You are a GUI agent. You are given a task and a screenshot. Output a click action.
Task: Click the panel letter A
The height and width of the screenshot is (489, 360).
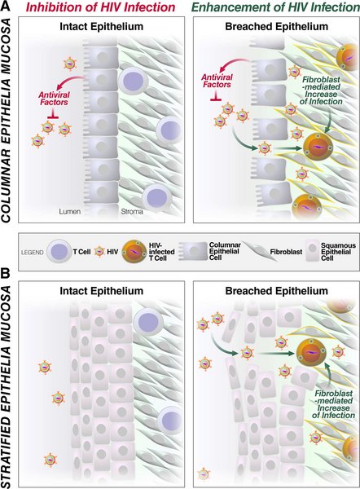[x=6, y=6]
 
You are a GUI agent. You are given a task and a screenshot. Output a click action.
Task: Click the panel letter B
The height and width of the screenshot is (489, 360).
[x=6, y=273]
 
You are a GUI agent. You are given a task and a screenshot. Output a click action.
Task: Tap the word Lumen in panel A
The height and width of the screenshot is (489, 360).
[x=70, y=211]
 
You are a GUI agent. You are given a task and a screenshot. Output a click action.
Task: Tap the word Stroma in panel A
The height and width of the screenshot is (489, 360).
[x=132, y=211]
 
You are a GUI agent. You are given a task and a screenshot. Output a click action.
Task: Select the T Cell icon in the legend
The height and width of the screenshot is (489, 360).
[x=59, y=252]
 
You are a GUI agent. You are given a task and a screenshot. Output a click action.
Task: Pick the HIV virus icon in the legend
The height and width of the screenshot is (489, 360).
[x=99, y=251]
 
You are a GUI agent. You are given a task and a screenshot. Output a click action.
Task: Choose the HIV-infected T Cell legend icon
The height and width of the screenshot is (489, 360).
[x=134, y=251]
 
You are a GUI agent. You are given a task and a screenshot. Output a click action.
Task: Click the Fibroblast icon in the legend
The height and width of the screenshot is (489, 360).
[x=257, y=251]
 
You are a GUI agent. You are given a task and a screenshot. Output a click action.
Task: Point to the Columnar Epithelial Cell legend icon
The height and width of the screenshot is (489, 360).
[x=193, y=251]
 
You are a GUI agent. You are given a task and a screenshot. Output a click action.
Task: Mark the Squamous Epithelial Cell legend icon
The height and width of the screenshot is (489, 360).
[x=312, y=251]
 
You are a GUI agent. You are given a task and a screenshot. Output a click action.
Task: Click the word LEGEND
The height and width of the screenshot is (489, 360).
[x=32, y=253]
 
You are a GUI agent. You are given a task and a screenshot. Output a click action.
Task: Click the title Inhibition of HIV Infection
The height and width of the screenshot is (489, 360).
[x=101, y=7]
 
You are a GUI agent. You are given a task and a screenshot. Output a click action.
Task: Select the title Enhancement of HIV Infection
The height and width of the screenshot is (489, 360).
[x=276, y=7]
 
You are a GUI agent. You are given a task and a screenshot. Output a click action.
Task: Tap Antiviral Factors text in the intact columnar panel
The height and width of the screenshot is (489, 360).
[x=54, y=99]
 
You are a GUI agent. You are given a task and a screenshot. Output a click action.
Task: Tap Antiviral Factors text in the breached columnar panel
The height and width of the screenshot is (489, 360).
[x=217, y=81]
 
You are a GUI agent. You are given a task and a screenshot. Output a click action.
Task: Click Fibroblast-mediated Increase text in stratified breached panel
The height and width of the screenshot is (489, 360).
[x=333, y=404]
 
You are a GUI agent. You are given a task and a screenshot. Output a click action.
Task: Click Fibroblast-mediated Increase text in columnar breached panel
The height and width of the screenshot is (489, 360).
[x=321, y=90]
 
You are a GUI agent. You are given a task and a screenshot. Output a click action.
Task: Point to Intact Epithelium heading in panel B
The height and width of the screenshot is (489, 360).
[x=101, y=291]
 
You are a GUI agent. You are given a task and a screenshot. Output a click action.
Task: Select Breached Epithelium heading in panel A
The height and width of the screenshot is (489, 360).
[x=276, y=27]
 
